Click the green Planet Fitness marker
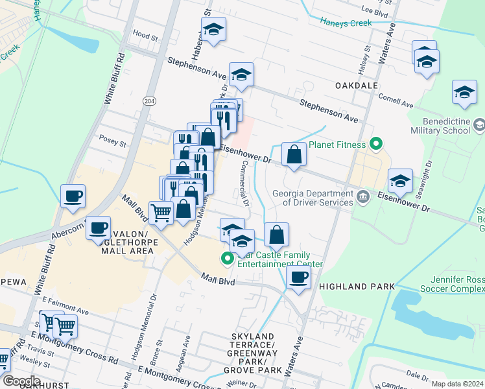375,144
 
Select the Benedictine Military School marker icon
479,124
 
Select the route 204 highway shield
150,101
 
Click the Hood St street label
145,38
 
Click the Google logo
21,381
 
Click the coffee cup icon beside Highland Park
298,277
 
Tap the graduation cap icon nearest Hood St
213,29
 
